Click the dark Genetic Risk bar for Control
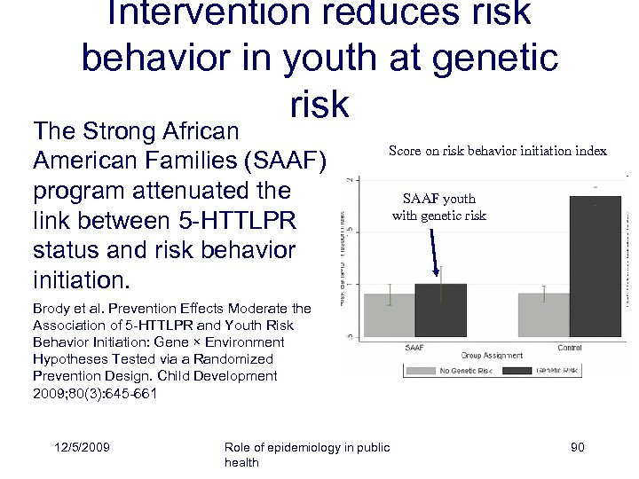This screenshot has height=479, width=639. [595, 266]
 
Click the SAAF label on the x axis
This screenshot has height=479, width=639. [415, 347]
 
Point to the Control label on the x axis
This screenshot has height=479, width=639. [570, 347]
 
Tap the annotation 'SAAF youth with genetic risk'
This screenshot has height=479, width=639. [438, 207]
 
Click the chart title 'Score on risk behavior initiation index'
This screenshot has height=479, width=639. [498, 151]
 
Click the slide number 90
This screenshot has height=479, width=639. [577, 447]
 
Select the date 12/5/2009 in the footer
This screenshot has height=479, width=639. [81, 447]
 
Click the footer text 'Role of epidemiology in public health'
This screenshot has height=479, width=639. [307, 454]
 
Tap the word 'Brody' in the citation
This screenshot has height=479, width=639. [51, 309]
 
